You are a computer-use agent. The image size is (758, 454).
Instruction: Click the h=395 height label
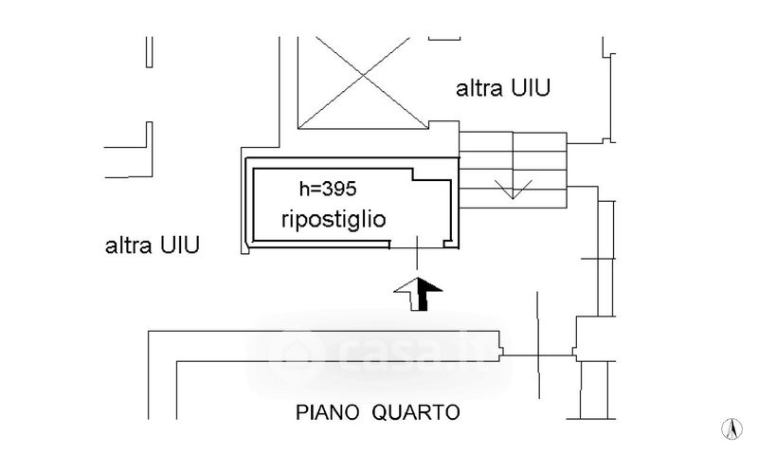319,191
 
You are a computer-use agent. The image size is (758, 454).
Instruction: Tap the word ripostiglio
334,220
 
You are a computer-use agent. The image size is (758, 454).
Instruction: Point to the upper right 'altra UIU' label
504,89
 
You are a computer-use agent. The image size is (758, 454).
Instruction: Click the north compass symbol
731,428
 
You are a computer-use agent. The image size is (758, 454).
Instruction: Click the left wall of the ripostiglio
251,203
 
